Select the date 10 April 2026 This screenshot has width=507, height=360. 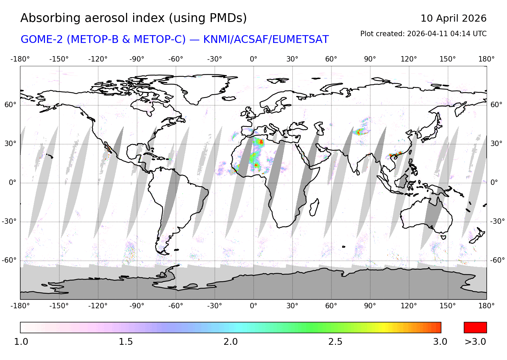click(x=453, y=18)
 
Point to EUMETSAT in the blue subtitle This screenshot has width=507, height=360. click(x=300, y=40)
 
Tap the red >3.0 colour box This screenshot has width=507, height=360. click(x=475, y=328)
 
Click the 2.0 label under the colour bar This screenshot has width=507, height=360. click(x=231, y=342)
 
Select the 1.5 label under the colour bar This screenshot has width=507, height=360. click(x=126, y=342)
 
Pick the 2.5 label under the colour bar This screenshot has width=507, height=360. click(x=335, y=342)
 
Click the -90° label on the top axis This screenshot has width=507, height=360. click(x=137, y=59)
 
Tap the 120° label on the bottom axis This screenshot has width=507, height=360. click(x=409, y=306)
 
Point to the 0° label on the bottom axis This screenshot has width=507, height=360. click(x=254, y=306)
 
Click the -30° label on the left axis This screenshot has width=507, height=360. click(x=9, y=221)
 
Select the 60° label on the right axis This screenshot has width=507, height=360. click(x=497, y=105)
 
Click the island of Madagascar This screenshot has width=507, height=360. click(x=314, y=207)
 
